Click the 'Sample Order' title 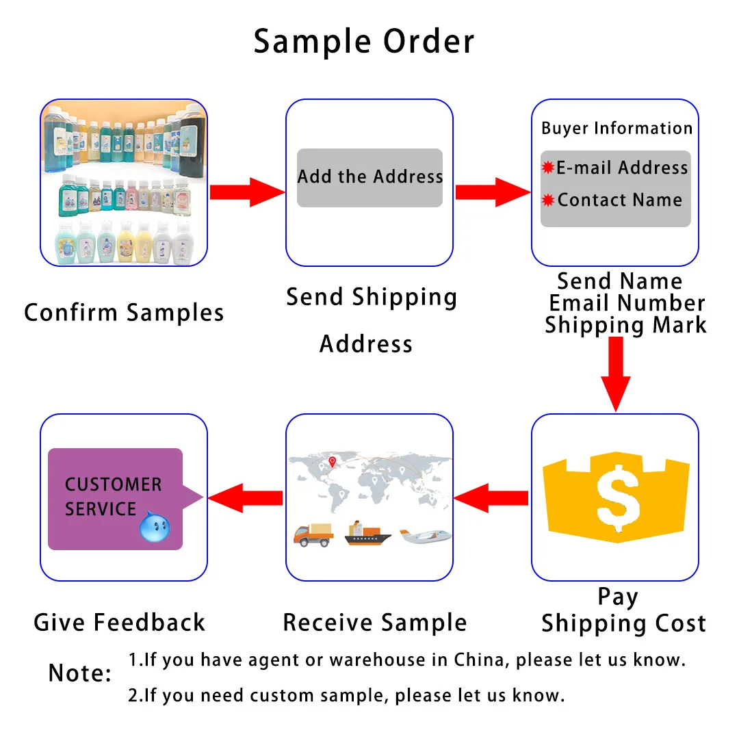[363, 42]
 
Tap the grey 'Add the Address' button [369, 178]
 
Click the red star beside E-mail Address [547, 168]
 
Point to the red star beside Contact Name [547, 200]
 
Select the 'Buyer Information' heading [617, 129]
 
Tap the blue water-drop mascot [155, 526]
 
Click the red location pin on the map [333, 462]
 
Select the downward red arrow [615, 374]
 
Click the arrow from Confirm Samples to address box [247, 192]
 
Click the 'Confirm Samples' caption [124, 313]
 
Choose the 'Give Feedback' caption [120, 622]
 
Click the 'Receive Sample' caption [375, 623]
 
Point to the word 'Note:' [79, 673]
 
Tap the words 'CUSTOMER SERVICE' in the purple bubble [113, 497]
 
